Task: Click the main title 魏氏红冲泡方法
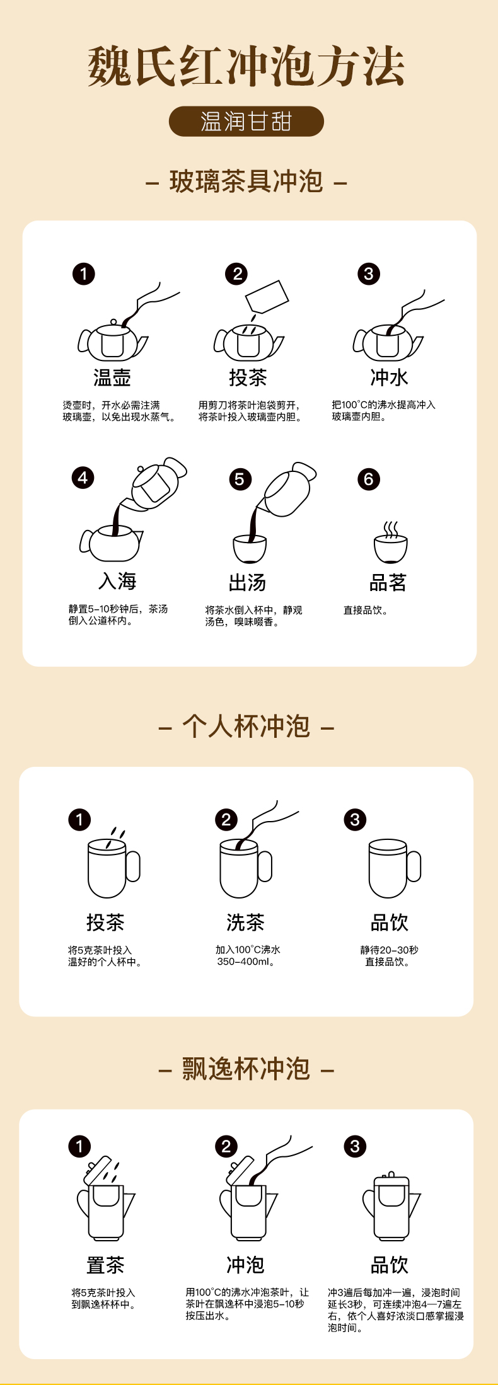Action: pos(246,66)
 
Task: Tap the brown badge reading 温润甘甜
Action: pos(246,122)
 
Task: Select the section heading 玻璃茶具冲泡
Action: pos(246,182)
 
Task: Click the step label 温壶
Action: pos(112,377)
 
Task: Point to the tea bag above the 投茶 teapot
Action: pos(267,297)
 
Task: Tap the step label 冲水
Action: pos(389,377)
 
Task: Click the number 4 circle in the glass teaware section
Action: pos(83,478)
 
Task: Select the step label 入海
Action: pos(118,580)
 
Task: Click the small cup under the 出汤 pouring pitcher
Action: pos(250,549)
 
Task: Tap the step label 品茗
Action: pos(388,582)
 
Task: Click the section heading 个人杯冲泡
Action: pos(246,727)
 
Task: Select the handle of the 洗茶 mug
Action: pos(265,866)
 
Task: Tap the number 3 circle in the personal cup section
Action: pos(355,819)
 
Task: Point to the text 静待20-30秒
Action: pos(389,950)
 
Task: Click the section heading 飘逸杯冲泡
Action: pos(246,1069)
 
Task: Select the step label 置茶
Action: pos(105,1265)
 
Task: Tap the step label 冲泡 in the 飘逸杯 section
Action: pos(245,1265)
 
